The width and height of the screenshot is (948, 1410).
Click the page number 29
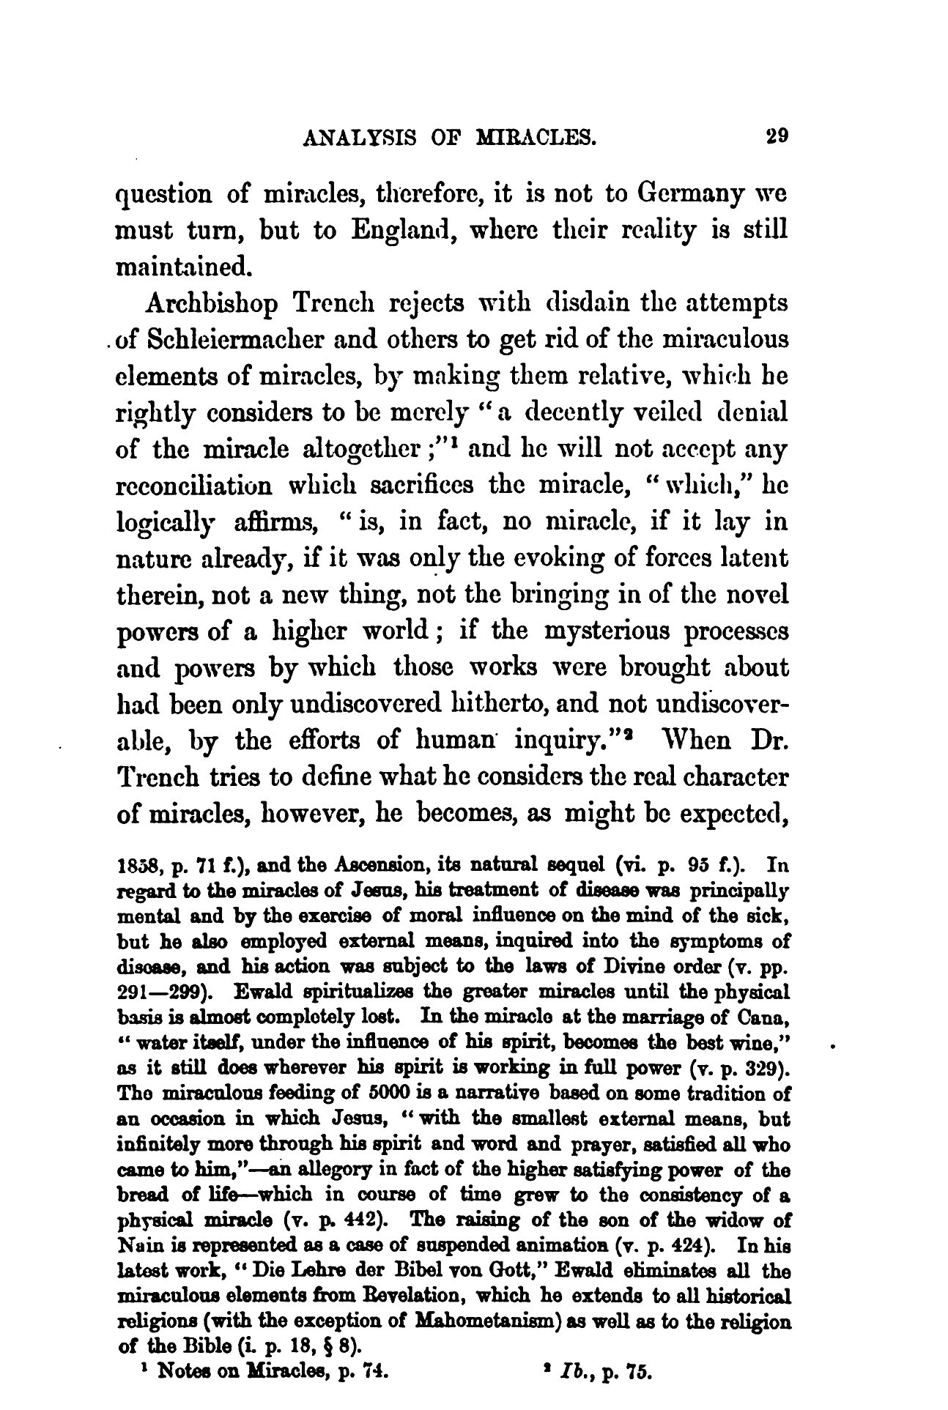click(774, 137)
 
